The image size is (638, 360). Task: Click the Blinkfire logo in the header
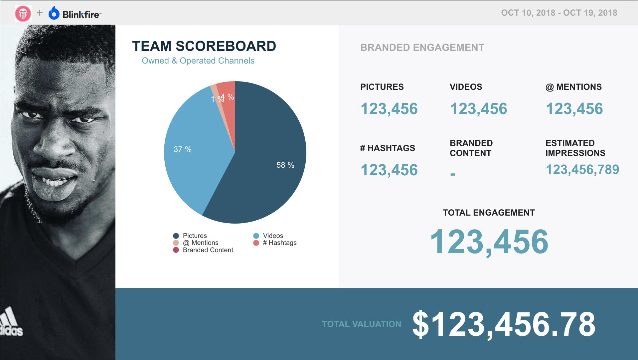coord(75,14)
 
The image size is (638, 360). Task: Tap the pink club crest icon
coord(23,14)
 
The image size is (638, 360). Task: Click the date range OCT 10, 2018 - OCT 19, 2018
coord(559,13)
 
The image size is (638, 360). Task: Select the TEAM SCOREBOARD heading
coord(204,46)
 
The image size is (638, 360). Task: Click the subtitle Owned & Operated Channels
coord(198,61)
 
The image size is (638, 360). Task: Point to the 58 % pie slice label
coord(285,165)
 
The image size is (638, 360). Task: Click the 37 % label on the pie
coord(183,149)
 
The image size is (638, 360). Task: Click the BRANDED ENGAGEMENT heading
coord(422,48)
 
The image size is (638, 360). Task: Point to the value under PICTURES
coord(389,109)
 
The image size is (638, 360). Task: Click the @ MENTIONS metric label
coord(573,87)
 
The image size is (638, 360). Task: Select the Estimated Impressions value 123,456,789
coord(582,170)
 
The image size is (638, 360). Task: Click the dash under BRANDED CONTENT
coord(452,174)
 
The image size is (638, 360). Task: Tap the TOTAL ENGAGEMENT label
coord(489,213)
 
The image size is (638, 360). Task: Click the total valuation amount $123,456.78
coord(504,324)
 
